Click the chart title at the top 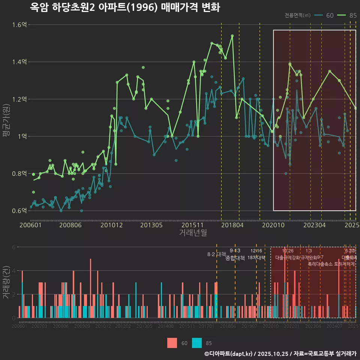click(x=125, y=7)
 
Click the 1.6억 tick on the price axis click(x=19, y=25)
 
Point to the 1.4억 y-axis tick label click(x=19, y=62)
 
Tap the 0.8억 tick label click(x=19, y=174)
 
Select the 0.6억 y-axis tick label click(x=19, y=211)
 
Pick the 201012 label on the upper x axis click(x=111, y=225)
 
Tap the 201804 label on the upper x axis click(x=232, y=225)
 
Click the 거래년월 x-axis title click(x=193, y=233)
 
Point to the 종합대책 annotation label click(x=235, y=258)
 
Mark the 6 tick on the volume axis click(x=14, y=247)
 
